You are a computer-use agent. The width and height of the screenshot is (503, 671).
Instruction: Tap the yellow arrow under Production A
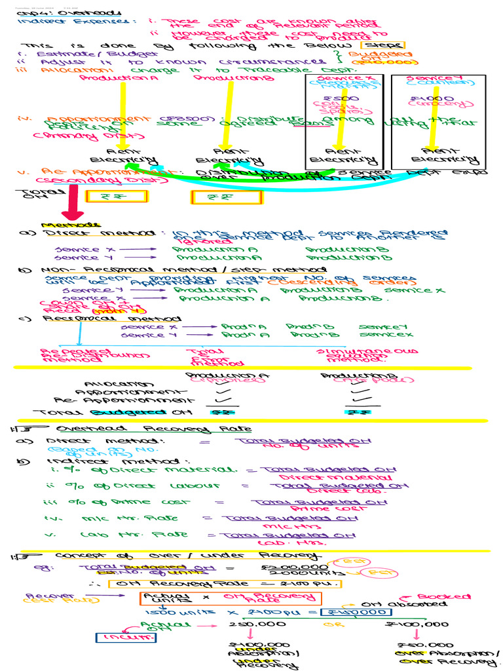122,111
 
